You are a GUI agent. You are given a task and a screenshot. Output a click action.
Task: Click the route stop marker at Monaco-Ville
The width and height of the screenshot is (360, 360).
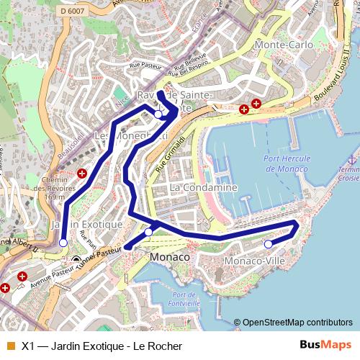point(269,244)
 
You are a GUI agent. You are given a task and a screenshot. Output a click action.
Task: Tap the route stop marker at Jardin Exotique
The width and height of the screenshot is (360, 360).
point(63,243)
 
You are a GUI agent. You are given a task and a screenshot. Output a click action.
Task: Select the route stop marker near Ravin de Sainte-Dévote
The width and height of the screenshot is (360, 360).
point(158,114)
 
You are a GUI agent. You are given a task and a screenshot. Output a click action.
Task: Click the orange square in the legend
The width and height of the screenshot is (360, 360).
point(10,346)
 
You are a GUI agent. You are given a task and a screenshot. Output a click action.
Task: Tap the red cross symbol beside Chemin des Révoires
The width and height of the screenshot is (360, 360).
point(82,174)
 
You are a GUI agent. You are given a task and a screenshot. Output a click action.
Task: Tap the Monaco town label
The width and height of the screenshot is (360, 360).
point(170,257)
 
